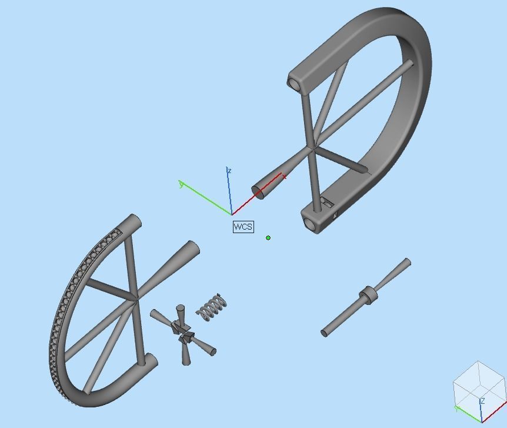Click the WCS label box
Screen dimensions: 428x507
click(243, 227)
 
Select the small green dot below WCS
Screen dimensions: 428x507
click(268, 238)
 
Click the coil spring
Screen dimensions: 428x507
click(212, 307)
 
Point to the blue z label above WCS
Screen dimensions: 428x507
click(229, 171)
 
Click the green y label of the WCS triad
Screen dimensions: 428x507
click(181, 185)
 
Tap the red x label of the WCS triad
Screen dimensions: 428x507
click(284, 176)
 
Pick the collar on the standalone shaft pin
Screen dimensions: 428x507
click(368, 294)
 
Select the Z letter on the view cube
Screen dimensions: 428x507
click(482, 401)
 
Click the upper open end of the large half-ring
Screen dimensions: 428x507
click(295, 82)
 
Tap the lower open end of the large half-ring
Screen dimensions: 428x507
click(309, 224)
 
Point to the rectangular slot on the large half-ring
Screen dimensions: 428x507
click(328, 204)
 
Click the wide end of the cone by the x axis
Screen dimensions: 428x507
click(258, 191)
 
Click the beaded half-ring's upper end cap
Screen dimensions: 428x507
click(134, 222)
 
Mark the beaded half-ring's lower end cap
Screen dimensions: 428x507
click(150, 360)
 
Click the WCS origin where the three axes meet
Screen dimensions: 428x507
click(232, 214)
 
